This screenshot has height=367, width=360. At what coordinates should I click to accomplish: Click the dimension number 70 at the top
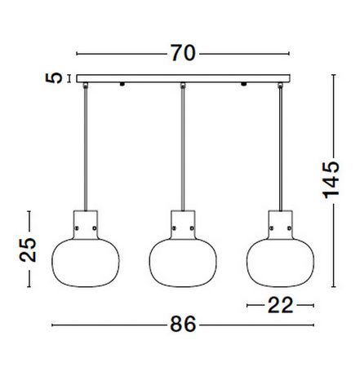point(183,54)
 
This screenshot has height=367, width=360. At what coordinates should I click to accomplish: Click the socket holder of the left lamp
point(85,222)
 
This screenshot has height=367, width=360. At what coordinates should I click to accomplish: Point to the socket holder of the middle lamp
point(182,222)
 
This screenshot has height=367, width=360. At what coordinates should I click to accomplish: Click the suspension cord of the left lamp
point(85,147)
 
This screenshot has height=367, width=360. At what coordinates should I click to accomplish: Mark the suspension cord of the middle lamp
point(182,147)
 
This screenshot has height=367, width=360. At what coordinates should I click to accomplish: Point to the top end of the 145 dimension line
point(334,76)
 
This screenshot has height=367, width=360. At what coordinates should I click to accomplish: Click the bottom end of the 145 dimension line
point(334,285)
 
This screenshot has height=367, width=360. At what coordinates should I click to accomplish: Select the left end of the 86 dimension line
point(52,324)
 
